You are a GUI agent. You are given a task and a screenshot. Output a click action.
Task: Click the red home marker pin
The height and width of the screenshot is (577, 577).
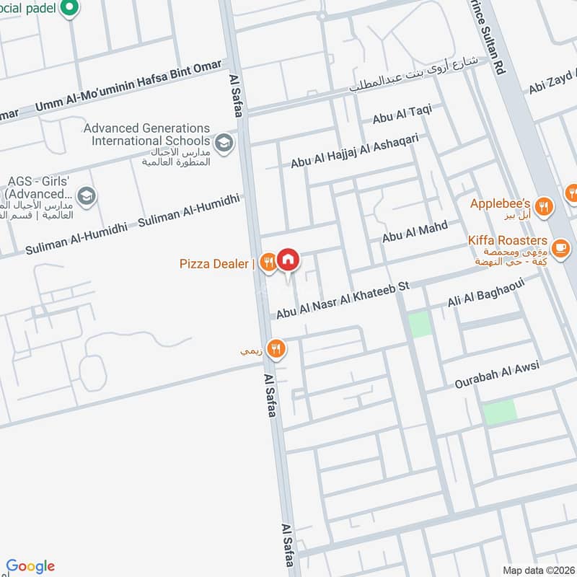[288, 260]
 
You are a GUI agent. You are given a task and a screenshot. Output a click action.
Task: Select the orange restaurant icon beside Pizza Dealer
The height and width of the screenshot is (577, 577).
[268, 263]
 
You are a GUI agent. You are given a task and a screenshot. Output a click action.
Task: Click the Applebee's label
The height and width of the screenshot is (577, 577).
[501, 204]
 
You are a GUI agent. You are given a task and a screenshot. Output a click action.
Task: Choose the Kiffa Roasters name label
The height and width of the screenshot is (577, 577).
[507, 240]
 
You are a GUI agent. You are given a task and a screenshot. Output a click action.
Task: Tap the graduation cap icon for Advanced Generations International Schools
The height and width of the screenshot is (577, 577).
[224, 141]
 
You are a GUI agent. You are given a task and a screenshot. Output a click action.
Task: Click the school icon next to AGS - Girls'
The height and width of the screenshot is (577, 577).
[87, 196]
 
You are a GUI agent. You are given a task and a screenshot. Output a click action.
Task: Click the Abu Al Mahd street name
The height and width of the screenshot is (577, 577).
[414, 232]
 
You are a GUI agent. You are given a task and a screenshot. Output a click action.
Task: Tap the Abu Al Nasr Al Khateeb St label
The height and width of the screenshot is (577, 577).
[343, 299]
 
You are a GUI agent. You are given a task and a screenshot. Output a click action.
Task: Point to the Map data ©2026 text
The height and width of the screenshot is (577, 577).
[537, 570]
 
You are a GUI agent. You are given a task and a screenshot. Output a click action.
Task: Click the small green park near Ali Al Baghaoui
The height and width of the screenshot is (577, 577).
[420, 325]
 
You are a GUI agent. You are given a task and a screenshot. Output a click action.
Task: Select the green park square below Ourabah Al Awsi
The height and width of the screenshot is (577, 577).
[499, 412]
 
